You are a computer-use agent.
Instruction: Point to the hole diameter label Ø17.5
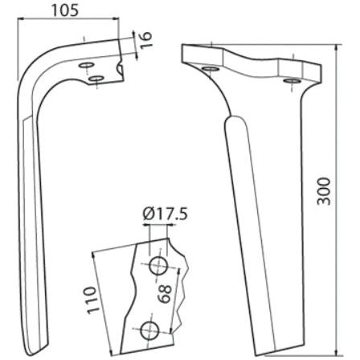click(165, 215)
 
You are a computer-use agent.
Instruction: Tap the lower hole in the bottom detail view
click(148, 328)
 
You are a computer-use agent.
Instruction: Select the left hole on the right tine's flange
click(210, 72)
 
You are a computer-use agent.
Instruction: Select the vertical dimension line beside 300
click(334, 201)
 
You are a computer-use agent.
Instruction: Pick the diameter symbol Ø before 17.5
click(148, 215)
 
